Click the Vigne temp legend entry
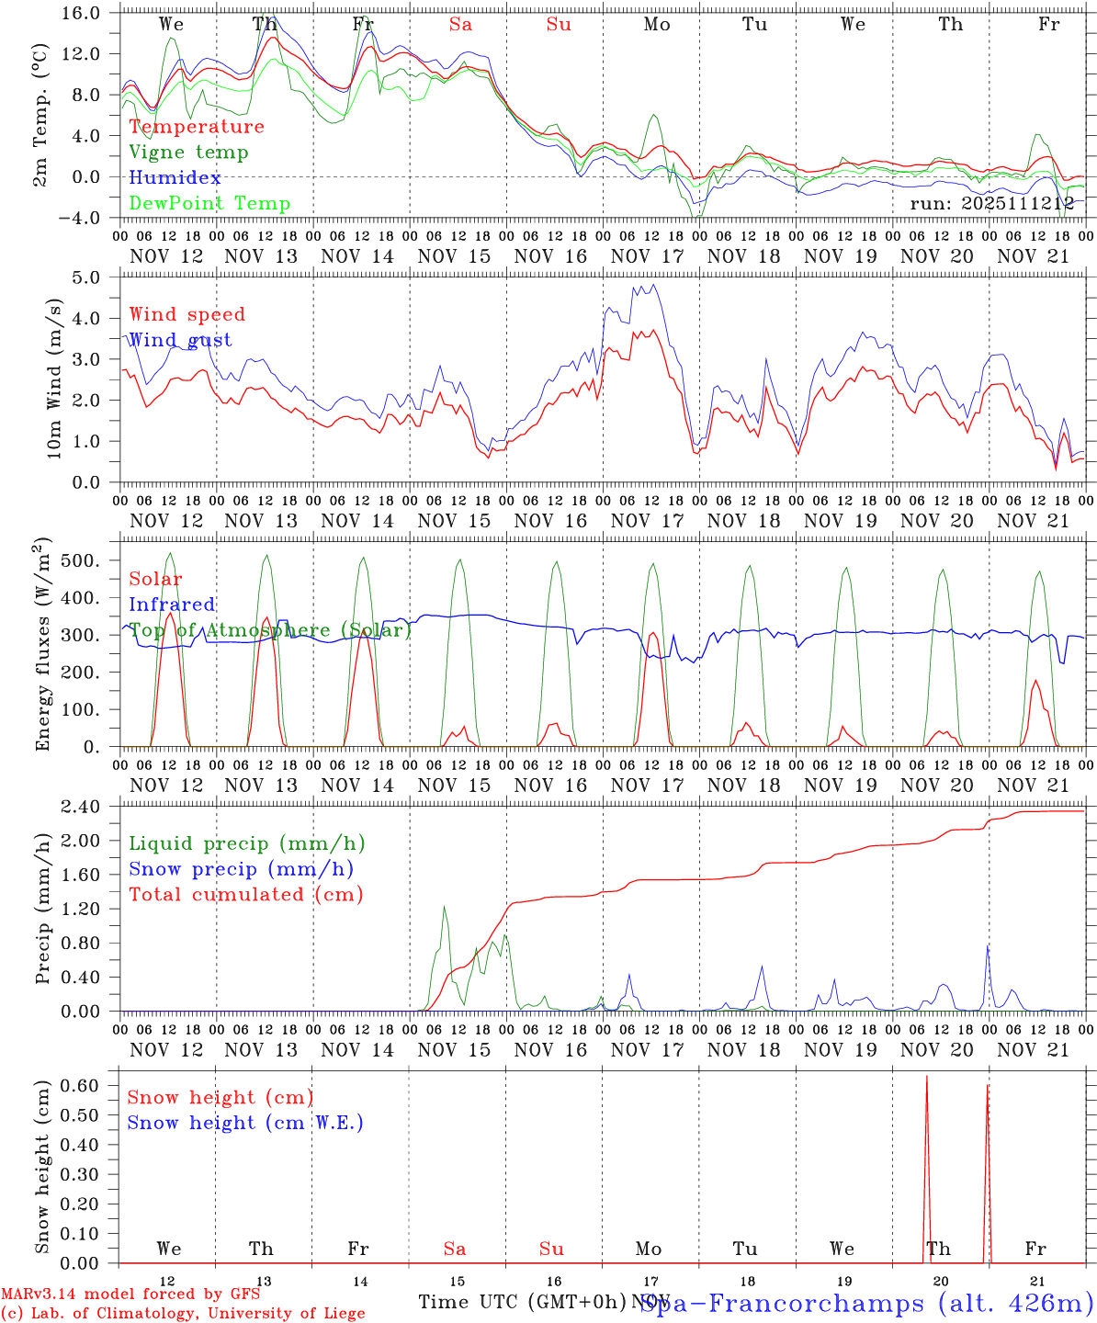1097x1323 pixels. click(x=188, y=153)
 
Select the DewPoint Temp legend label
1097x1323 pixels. click(x=209, y=204)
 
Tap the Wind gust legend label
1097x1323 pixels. click(x=180, y=340)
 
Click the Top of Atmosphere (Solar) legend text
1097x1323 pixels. click(x=270, y=630)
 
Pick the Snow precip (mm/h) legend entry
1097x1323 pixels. click(x=241, y=869)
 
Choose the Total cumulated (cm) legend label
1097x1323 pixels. click(x=245, y=895)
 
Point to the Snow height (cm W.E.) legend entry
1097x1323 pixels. click(x=245, y=1123)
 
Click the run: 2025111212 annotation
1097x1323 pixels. click(x=992, y=204)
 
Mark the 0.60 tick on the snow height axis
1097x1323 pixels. click(x=90, y=1085)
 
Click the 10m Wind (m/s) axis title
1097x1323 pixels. click(x=54, y=379)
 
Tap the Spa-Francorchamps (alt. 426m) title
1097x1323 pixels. click(x=866, y=1303)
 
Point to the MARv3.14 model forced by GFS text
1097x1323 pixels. click(x=130, y=1295)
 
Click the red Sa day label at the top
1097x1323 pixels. click(x=460, y=25)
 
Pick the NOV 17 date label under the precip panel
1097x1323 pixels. click(x=647, y=1050)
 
